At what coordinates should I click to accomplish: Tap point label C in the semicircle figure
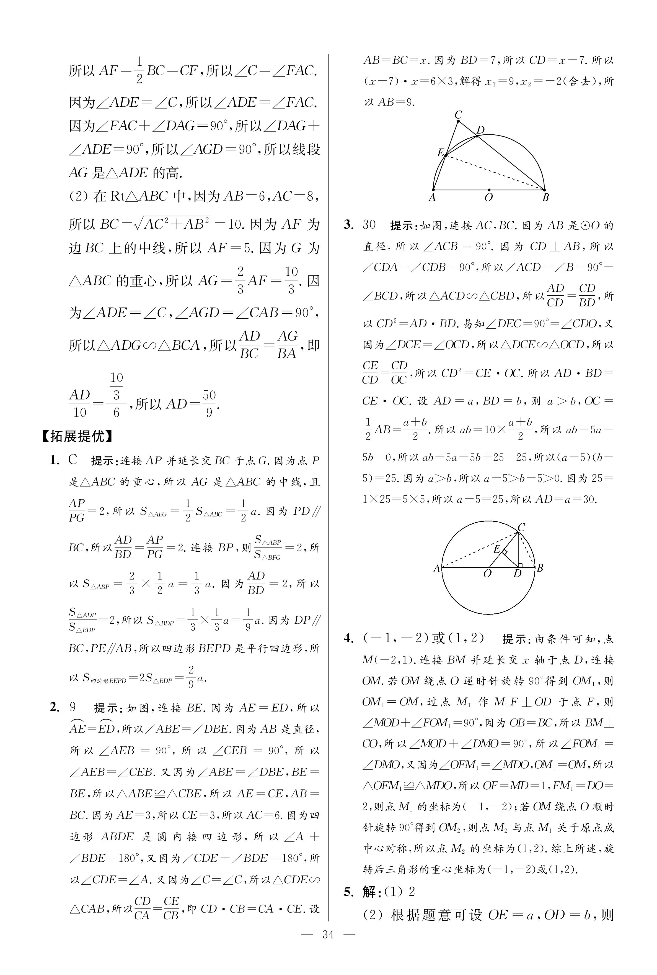pyautogui.click(x=458, y=114)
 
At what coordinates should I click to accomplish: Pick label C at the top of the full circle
pyautogui.click(x=522, y=527)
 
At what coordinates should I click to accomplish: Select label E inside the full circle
pyautogui.click(x=497, y=549)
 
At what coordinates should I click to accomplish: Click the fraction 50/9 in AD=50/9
pyautogui.click(x=209, y=403)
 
